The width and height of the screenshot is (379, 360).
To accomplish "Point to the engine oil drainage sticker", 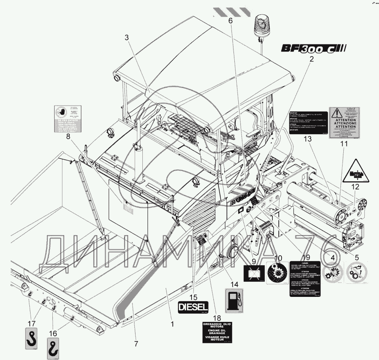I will pyautogui.click(x=215, y=332).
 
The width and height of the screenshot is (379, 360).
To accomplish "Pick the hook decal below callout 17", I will pyautogui.click(x=31, y=338).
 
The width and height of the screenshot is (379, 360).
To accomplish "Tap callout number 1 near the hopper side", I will pyautogui.click(x=172, y=324).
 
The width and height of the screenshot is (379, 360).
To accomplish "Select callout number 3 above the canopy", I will pyautogui.click(x=126, y=38).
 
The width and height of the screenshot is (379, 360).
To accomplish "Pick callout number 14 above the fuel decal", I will pyautogui.click(x=234, y=284).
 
